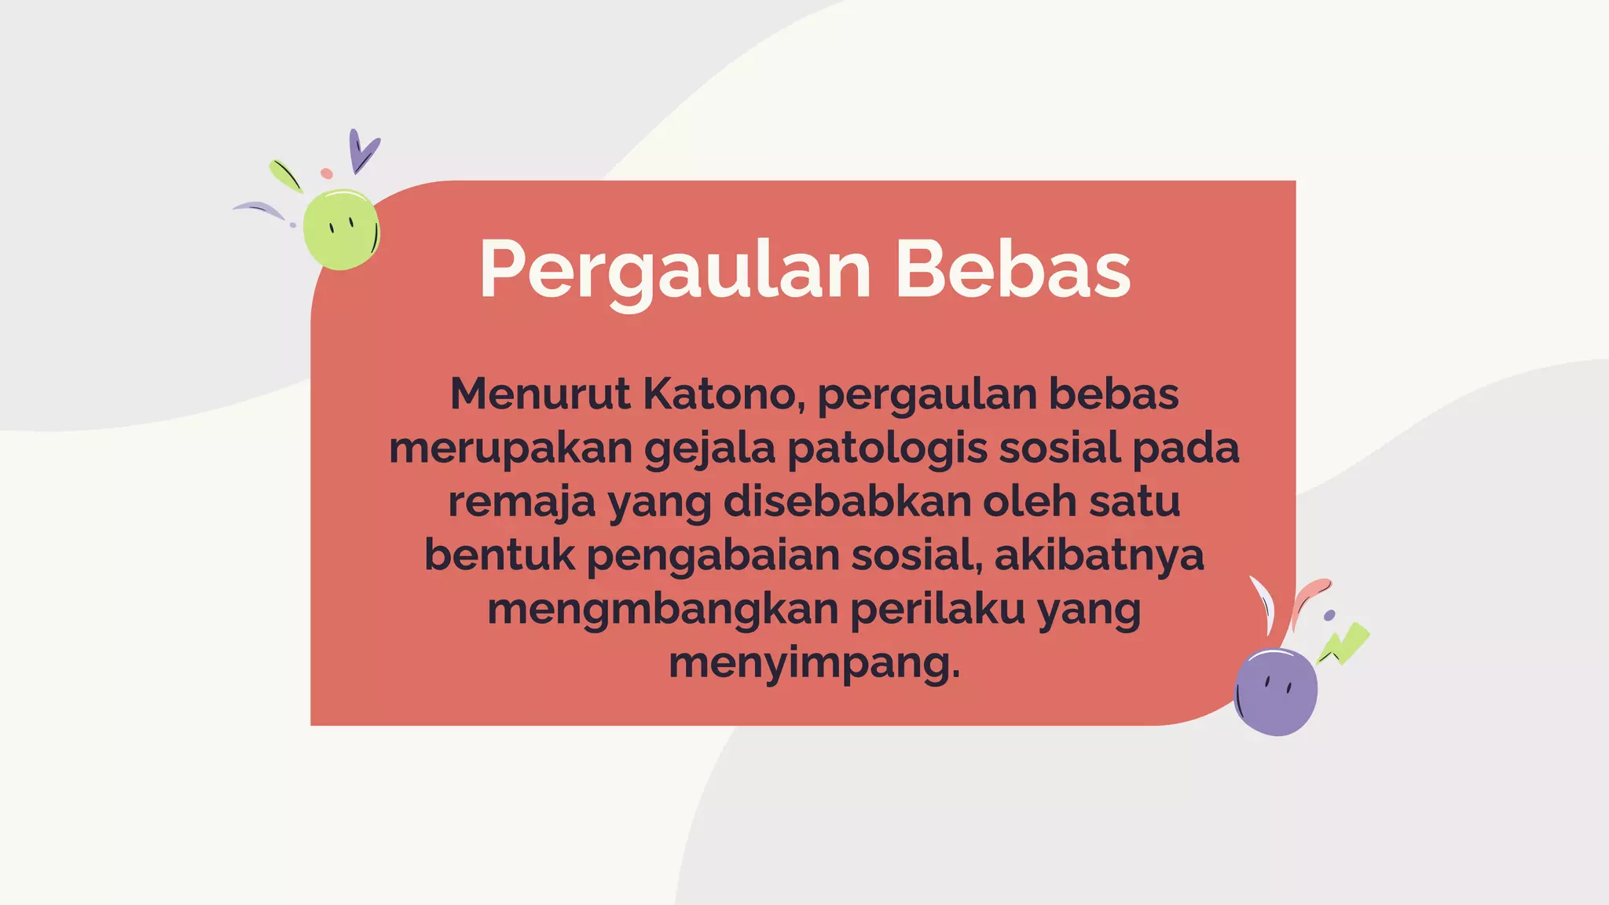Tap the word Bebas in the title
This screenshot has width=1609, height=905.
coord(1013,269)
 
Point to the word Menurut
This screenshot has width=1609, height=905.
coord(540,394)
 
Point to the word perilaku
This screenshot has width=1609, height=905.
coord(937,609)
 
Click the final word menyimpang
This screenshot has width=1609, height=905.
coord(814,663)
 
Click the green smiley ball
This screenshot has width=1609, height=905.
coord(341,229)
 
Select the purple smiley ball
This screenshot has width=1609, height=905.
coord(1276,691)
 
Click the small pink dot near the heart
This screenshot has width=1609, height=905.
coord(327,173)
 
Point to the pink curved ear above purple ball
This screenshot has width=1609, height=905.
coord(1309,598)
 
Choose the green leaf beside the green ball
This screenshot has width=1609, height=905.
coord(284,175)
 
